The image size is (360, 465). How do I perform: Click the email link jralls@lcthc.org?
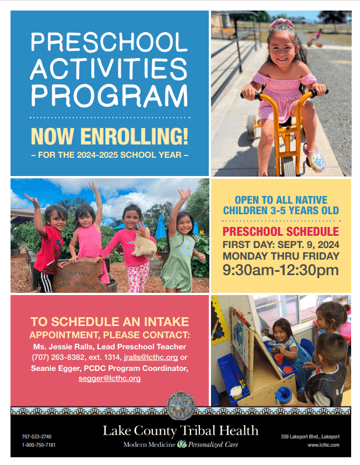click(x=151, y=358)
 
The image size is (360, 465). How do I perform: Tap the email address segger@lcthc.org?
click(x=110, y=379)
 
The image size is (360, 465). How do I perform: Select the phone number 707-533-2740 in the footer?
click(x=37, y=437)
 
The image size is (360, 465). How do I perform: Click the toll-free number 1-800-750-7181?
click(x=39, y=445)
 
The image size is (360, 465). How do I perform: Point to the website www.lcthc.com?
click(x=323, y=445)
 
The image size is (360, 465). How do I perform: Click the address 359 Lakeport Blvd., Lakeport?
click(x=310, y=437)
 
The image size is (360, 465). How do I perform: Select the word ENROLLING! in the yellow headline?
click(x=134, y=136)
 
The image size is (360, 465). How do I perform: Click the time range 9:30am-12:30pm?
click(x=281, y=270)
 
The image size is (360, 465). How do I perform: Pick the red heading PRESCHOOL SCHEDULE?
click(x=281, y=231)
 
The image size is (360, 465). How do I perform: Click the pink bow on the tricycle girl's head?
click(x=281, y=23)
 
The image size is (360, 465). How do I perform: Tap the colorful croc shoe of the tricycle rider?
click(x=314, y=159)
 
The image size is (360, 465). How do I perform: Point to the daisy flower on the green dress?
click(x=187, y=248)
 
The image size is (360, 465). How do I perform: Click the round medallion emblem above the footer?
click(x=181, y=405)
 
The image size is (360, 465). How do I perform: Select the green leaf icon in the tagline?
click(x=182, y=444)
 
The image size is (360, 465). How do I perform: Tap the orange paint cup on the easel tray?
click(x=279, y=359)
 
